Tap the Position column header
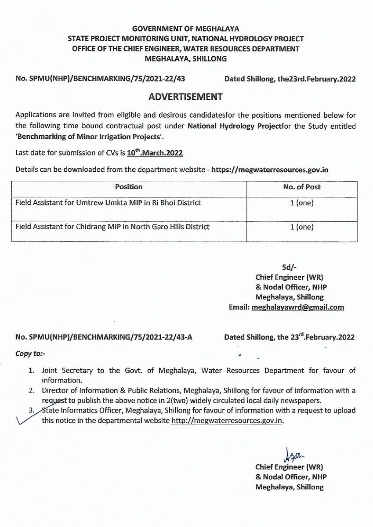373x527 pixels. click(129, 187)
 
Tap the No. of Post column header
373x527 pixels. click(303, 187)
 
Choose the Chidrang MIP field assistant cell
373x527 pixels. click(112, 227)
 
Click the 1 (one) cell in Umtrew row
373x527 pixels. click(303, 203)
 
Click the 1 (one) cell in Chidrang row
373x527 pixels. click(303, 227)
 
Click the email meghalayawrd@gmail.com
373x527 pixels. click(297, 307)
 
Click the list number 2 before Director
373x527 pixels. click(31, 390)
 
